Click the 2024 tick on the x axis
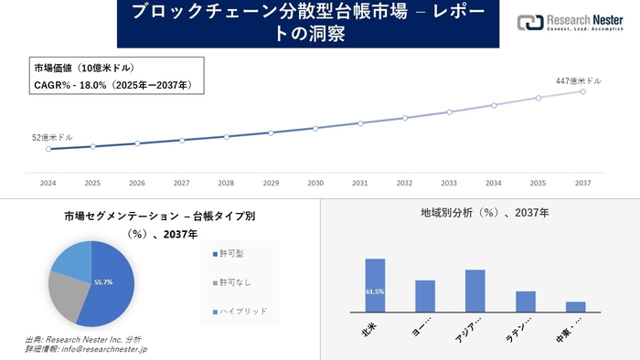[48, 182]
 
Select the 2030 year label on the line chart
[315, 182]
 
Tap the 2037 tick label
[582, 182]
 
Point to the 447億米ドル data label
[579, 81]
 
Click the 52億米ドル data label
[48, 137]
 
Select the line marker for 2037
[582, 91]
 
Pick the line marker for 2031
[360, 123]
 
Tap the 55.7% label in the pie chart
[103, 283]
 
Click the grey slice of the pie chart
[65, 292]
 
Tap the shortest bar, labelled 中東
[575, 307]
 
